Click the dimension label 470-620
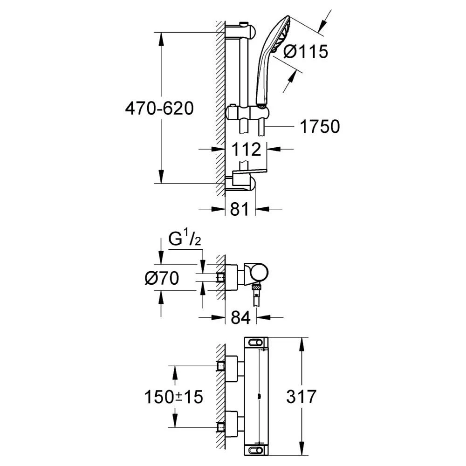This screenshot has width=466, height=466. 159,108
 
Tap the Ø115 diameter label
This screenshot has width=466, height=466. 306,51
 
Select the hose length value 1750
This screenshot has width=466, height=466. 320,126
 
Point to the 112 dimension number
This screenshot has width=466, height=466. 246,149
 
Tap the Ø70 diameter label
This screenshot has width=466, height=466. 162,278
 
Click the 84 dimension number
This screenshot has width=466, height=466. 241,317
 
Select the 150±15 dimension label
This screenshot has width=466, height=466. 173,397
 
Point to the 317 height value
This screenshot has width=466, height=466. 301,397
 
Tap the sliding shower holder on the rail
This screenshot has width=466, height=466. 248,112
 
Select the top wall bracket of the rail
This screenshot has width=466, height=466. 240,31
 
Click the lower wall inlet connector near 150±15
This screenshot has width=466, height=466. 221,427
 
